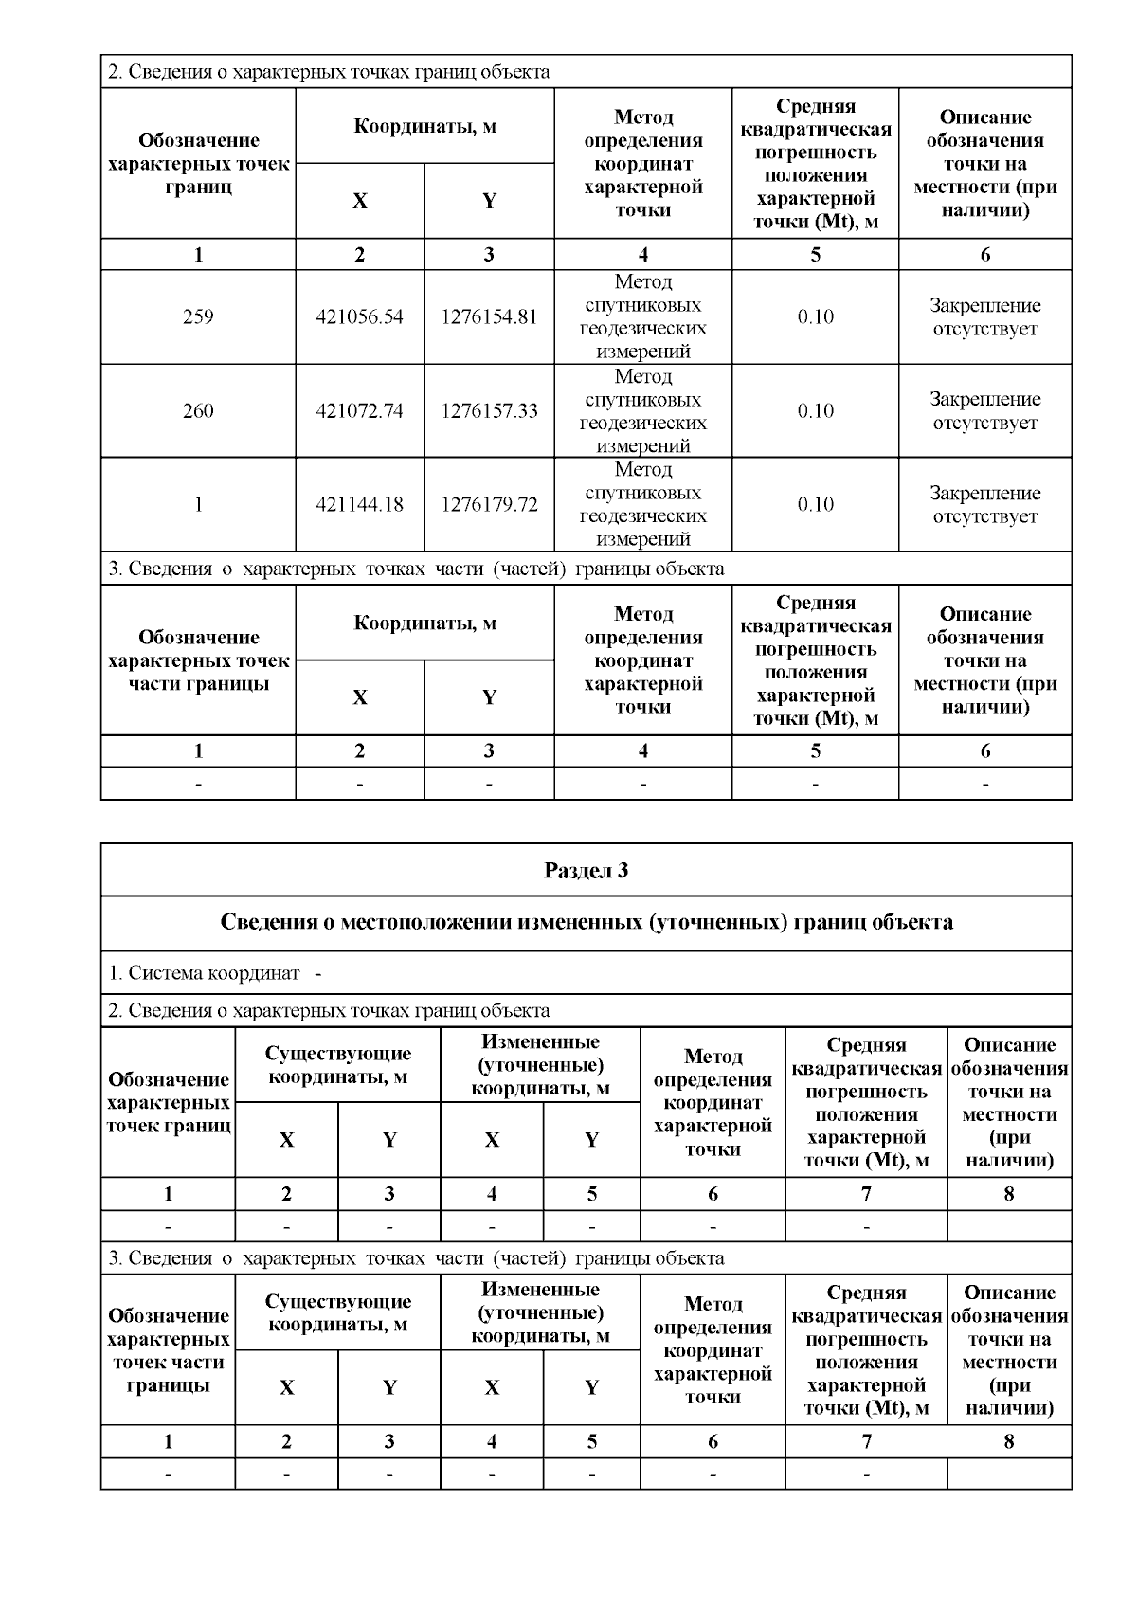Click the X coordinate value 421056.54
359,317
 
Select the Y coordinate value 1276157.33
489,411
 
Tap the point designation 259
198,317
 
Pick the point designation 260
198,411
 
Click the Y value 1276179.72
489,505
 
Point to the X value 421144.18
359,505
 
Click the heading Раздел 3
586,871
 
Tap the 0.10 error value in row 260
815,411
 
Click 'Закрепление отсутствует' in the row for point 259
984,317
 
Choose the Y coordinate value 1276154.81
489,317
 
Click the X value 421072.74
359,411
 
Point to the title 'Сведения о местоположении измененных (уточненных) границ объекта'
586,923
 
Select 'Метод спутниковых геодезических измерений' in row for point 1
642,505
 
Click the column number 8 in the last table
1008,1441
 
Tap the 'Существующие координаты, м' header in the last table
337,1312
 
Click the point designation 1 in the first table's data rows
198,505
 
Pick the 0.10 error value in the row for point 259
815,317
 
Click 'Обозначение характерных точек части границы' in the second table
198,660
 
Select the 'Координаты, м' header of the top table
424,127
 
